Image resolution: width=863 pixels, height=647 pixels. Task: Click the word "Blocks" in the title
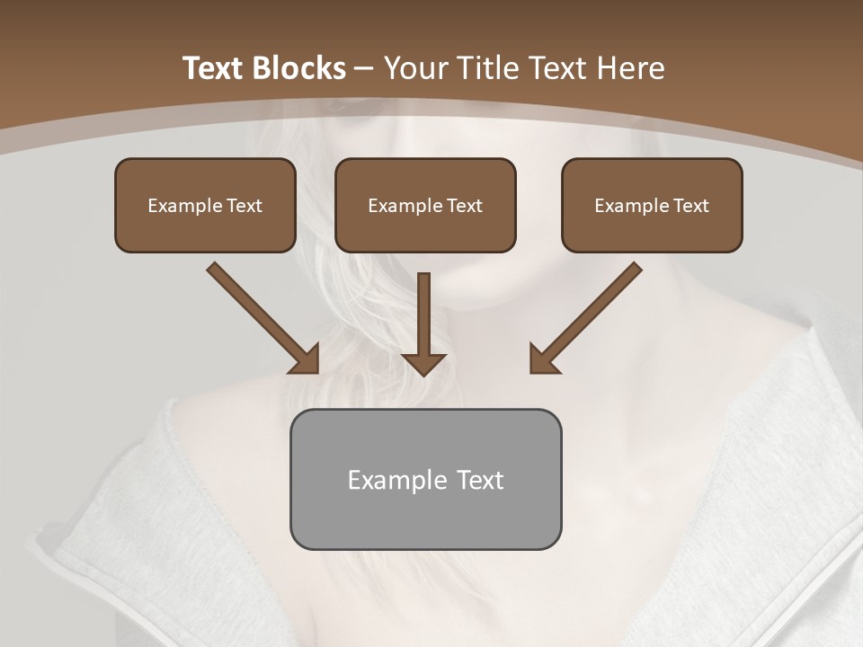point(298,68)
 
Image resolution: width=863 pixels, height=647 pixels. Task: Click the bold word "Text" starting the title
point(214,68)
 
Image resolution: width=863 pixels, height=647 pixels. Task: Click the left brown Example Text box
point(205,205)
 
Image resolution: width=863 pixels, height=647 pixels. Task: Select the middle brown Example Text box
point(425,205)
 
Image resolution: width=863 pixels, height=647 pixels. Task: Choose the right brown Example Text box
point(652,205)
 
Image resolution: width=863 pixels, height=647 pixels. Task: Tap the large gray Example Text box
point(425,479)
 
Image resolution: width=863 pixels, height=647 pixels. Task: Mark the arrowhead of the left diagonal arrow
point(305,359)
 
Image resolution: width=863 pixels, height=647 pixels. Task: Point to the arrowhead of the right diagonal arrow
point(544,359)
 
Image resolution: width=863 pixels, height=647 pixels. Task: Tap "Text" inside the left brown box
point(245,206)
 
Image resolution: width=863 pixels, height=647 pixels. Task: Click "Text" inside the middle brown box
point(465,206)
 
